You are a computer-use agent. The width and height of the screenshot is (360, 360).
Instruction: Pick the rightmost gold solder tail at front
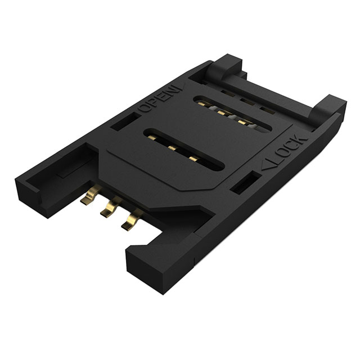[130, 219]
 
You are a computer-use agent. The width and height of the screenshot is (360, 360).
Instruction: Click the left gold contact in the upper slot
[221, 111]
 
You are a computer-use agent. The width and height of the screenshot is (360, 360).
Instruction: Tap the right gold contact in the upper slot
[242, 121]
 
